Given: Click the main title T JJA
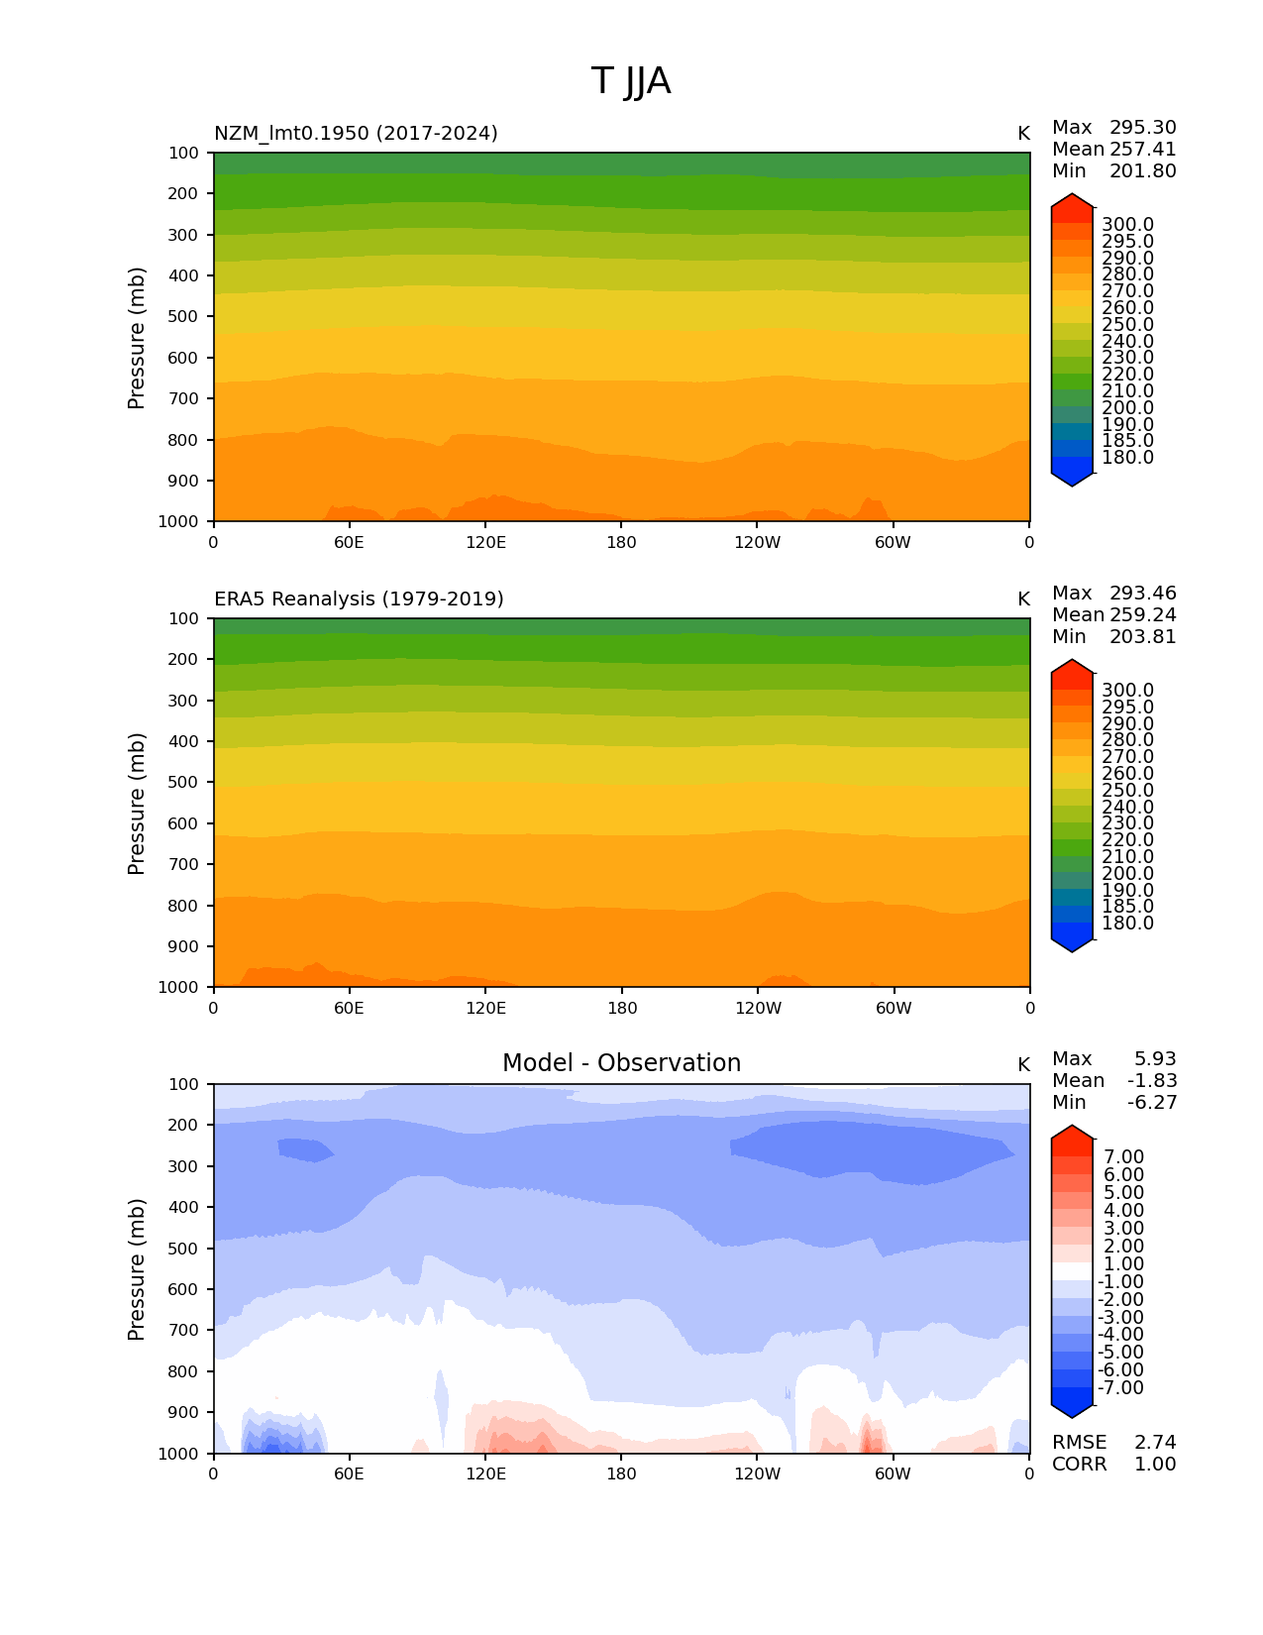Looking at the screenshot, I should [x=631, y=81].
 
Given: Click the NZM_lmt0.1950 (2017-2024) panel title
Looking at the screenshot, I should [x=356, y=133].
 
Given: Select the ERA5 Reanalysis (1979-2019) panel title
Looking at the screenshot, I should [x=359, y=599].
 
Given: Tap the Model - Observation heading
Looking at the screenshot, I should [x=621, y=1063].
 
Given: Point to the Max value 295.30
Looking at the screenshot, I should [x=1142, y=127].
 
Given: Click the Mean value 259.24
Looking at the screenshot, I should [x=1142, y=614].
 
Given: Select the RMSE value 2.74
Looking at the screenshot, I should [x=1155, y=1442].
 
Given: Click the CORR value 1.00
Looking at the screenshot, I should [x=1155, y=1464].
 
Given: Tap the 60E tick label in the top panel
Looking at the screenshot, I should [x=349, y=542].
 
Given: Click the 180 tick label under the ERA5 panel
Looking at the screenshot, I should [x=621, y=1008].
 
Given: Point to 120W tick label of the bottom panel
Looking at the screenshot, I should [x=757, y=1473].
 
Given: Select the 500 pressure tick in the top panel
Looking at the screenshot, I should [x=184, y=316].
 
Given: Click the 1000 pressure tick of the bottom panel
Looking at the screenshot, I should [x=179, y=1454].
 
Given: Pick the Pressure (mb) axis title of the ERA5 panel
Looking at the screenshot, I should [x=137, y=803].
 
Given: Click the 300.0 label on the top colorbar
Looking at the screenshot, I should [x=1127, y=225].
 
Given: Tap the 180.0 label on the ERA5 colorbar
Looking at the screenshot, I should [x=1127, y=923].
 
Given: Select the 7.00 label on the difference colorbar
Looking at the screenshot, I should [x=1123, y=1156].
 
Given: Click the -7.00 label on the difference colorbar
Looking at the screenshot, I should [x=1121, y=1387].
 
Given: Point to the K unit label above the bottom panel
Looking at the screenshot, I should [x=1023, y=1064].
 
